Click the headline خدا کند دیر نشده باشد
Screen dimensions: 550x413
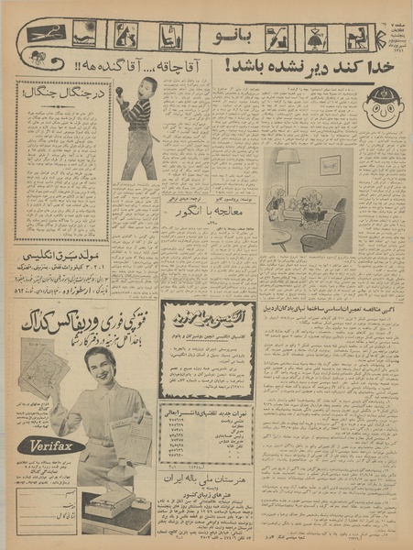point(301,68)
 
